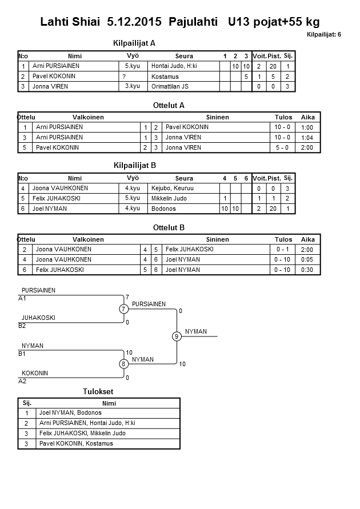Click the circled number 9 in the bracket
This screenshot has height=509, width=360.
tap(177, 336)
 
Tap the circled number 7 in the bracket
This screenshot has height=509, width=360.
tap(123, 309)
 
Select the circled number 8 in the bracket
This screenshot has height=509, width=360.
tap(123, 364)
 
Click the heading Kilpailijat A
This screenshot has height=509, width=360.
tap(135, 43)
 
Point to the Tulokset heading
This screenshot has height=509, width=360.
tap(98, 391)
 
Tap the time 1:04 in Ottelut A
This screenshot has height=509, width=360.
tap(307, 138)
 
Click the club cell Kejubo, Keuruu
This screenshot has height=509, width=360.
tap(172, 188)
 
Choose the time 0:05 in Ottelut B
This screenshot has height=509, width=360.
tap(307, 260)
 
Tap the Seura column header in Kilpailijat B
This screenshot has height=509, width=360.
tap(185, 178)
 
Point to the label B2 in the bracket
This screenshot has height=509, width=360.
tap(23, 326)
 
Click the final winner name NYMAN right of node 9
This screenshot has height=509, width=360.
tap(196, 332)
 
